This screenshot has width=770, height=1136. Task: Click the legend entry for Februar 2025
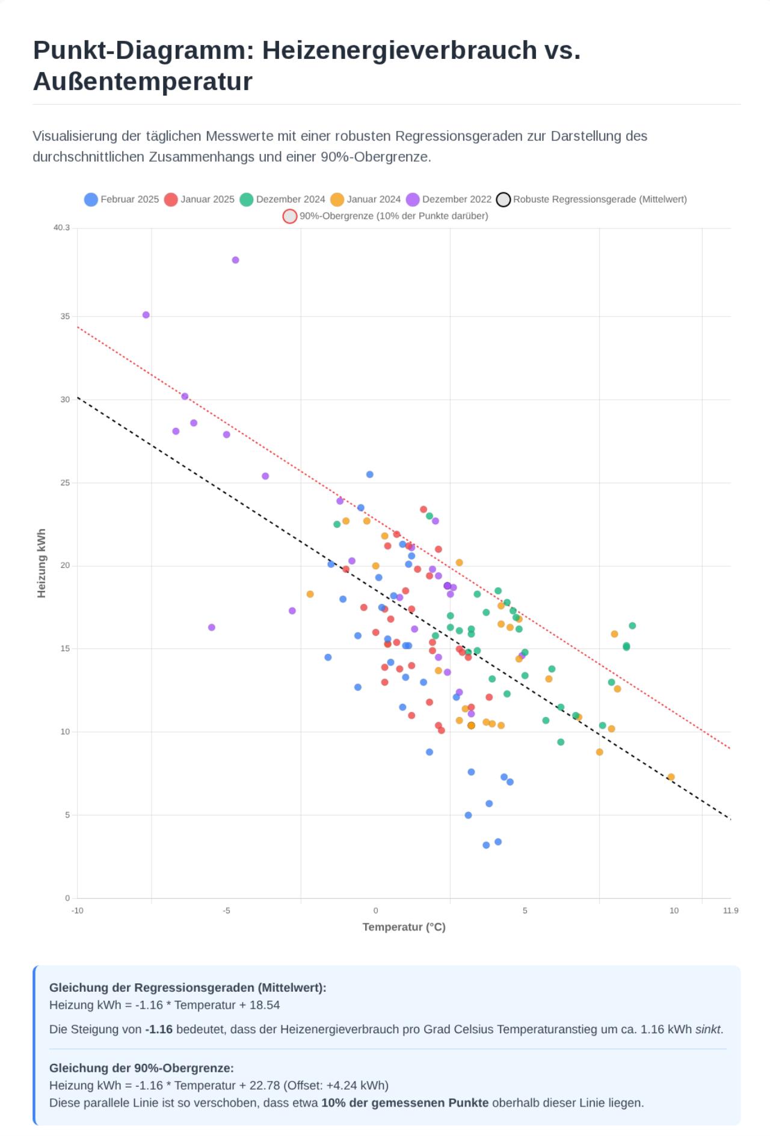tap(122, 200)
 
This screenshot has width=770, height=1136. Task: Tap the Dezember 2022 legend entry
tap(449, 200)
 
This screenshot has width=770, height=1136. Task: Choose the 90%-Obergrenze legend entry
tap(386, 216)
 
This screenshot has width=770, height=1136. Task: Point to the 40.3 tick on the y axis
tap(61, 228)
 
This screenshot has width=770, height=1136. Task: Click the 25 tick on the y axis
tap(65, 483)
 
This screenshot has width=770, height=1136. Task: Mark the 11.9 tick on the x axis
tap(730, 911)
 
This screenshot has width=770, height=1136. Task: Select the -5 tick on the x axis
tap(226, 911)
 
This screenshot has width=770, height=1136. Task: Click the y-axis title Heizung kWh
tap(42, 563)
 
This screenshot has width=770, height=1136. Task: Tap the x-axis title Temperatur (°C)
tap(404, 927)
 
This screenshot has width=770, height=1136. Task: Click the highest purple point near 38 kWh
tap(235, 260)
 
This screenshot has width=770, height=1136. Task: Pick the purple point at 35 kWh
tap(146, 315)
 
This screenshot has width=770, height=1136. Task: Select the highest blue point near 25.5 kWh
tap(370, 475)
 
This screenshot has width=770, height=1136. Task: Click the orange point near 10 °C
tap(671, 777)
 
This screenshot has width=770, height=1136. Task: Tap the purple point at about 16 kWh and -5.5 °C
tap(212, 628)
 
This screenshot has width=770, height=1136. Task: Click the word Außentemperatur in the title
tap(143, 82)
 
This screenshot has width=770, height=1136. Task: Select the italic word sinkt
tap(708, 1029)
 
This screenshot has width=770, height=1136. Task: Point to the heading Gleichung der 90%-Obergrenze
tap(141, 1068)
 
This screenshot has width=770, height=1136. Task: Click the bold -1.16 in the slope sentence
tap(159, 1029)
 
